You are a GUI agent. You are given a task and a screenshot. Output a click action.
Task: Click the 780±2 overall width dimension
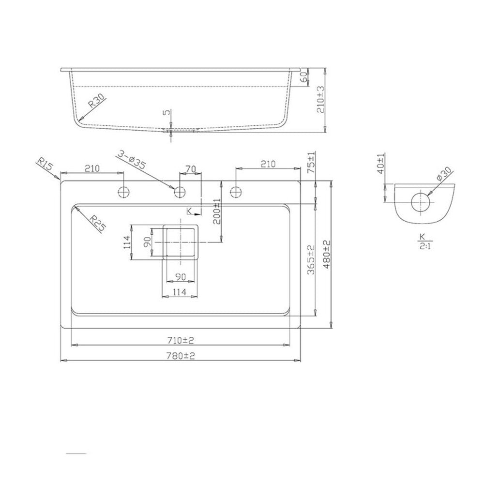click(x=181, y=356)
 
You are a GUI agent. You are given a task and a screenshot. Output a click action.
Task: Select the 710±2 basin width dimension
click(x=181, y=341)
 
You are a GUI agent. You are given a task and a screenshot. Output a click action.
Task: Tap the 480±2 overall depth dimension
click(x=327, y=255)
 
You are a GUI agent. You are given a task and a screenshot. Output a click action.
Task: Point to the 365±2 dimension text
click(x=311, y=259)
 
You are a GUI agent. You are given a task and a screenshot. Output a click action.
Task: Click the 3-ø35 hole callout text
click(x=131, y=159)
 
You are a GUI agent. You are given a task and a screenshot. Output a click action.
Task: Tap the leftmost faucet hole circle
click(x=124, y=192)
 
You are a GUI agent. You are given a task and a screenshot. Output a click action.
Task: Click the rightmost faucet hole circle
click(x=236, y=192)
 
